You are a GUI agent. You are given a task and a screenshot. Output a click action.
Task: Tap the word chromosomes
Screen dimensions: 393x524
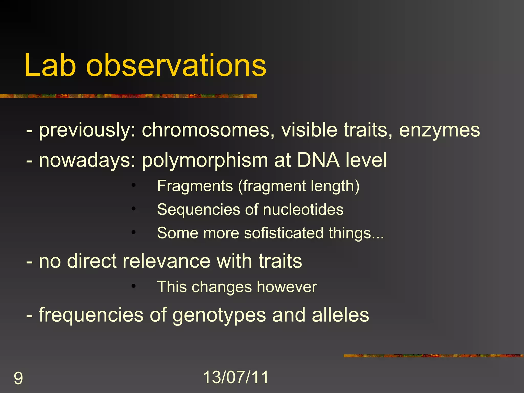(x=206, y=130)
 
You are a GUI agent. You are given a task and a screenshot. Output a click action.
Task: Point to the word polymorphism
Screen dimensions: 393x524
(x=205, y=161)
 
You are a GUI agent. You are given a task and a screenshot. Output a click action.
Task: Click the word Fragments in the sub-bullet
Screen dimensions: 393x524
(x=195, y=186)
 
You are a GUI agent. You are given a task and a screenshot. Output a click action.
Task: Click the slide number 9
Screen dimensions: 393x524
(x=18, y=378)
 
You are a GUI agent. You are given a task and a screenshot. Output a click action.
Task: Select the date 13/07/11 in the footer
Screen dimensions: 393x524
(x=236, y=377)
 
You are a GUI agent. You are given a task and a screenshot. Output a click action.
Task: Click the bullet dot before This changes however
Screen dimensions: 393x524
(x=133, y=286)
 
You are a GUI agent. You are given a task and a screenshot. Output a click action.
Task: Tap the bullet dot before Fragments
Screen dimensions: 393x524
(x=133, y=185)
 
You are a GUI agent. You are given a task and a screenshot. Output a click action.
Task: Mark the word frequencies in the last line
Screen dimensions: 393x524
(x=91, y=315)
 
